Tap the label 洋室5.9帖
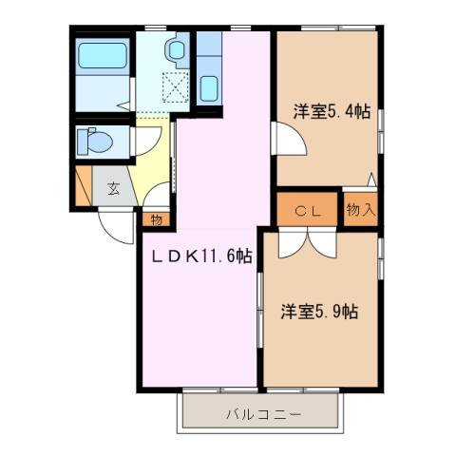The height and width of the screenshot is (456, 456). [319, 311]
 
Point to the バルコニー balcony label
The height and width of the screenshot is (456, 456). [263, 414]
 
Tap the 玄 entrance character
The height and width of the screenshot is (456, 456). [113, 187]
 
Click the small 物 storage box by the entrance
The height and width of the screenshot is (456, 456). [156, 218]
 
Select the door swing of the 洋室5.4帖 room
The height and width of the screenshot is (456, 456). [290, 141]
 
